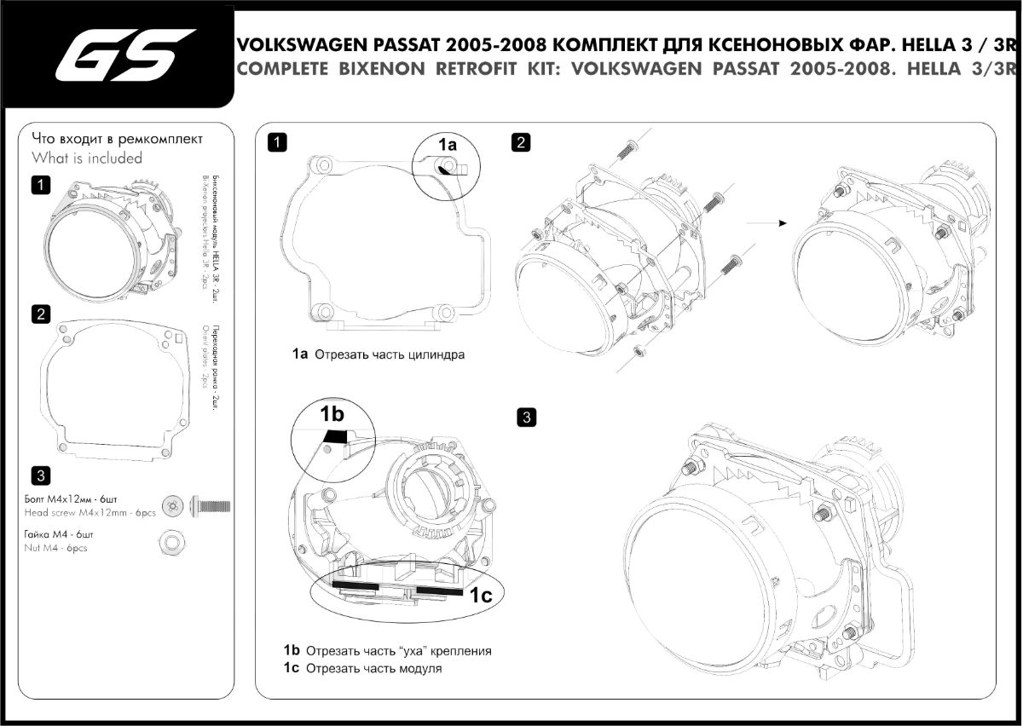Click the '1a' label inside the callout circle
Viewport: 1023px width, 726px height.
coord(448,145)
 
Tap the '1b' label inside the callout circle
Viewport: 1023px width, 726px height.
coord(332,414)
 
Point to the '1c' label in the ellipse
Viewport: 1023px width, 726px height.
coord(481,596)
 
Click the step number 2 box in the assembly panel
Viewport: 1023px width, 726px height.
coord(520,142)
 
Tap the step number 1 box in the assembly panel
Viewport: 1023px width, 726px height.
coord(276,142)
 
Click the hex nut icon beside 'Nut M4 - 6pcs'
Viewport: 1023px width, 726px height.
coord(170,541)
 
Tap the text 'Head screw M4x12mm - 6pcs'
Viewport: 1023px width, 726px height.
coord(90,513)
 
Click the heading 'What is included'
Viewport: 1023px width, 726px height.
coord(87,158)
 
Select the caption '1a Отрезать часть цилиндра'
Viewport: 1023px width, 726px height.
coord(374,354)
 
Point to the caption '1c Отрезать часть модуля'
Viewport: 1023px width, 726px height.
coord(363,669)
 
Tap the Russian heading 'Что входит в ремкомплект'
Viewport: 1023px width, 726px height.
coord(118,137)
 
